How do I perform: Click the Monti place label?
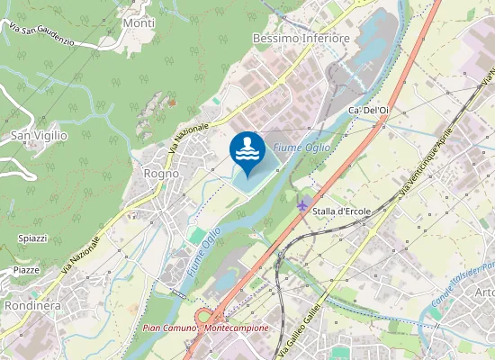139,22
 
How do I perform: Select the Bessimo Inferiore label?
301,39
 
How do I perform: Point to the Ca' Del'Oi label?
368,110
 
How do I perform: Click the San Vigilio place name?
39,135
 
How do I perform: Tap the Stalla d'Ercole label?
342,211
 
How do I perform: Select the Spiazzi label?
32,238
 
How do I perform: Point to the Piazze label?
26,269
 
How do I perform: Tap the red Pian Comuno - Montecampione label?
206,328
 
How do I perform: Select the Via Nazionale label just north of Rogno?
188,137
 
